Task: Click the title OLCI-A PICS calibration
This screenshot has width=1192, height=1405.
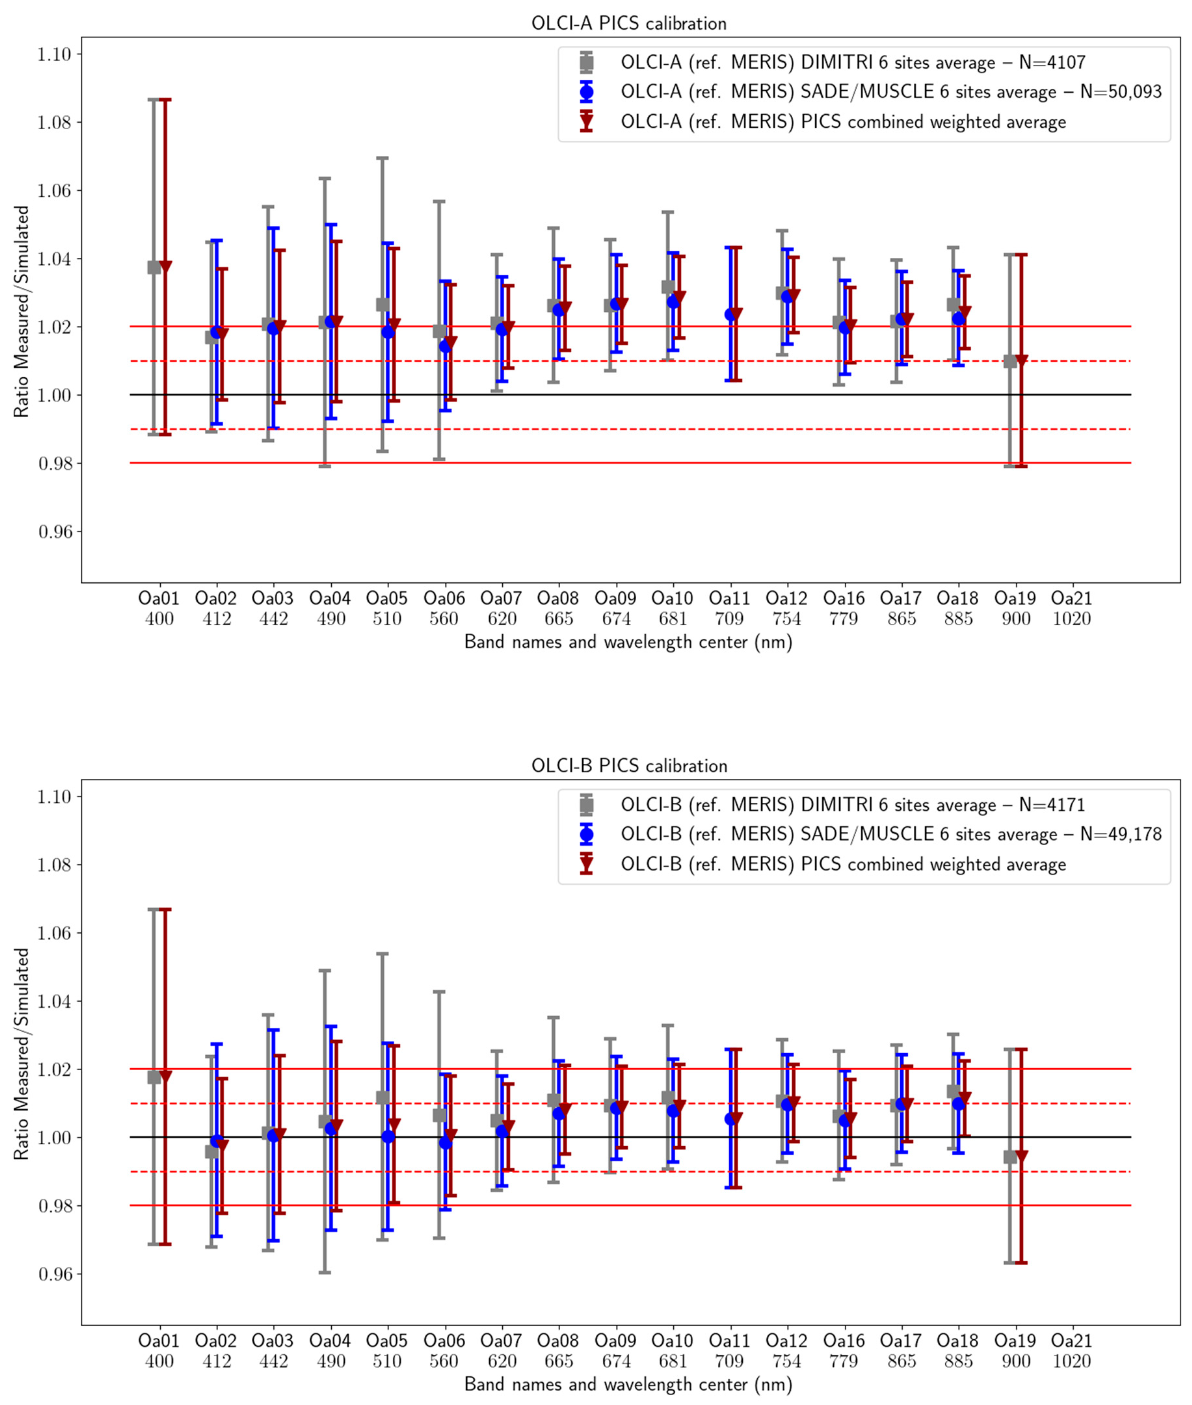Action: pyautogui.click(x=629, y=24)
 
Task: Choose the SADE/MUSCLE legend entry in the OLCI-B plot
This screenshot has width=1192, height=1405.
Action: pyautogui.click(x=891, y=834)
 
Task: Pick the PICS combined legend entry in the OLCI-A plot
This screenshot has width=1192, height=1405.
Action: pyautogui.click(x=843, y=122)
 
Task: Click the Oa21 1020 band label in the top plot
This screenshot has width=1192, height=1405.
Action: pyautogui.click(x=1072, y=608)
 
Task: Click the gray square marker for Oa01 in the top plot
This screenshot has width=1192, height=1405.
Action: pyautogui.click(x=154, y=267)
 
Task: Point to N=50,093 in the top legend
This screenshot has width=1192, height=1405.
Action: pyautogui.click(x=1120, y=93)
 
